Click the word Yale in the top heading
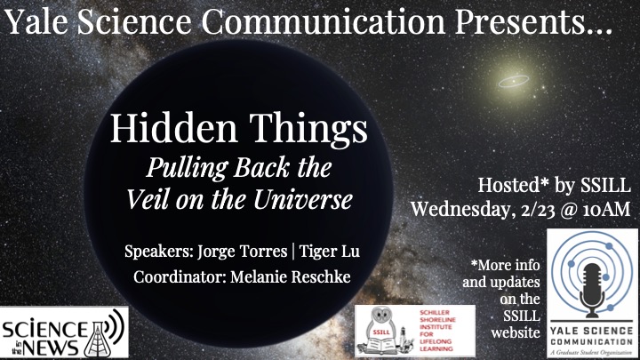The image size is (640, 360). coord(36,21)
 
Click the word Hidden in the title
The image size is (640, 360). coord(174,128)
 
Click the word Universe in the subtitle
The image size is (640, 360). coord(303,200)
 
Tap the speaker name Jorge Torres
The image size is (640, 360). coord(243,252)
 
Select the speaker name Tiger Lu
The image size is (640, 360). coord(330,252)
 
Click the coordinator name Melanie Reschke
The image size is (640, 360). coord(290,276)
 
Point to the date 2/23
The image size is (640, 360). coord(539,210)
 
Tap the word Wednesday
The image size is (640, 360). coord(461,210)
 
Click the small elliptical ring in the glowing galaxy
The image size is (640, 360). coord(514,81)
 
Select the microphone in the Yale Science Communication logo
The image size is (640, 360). coord(592,290)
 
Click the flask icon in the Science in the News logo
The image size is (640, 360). coord(97,340)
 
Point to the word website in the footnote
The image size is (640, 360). coord(516,332)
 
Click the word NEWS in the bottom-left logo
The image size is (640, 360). coord(50,348)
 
